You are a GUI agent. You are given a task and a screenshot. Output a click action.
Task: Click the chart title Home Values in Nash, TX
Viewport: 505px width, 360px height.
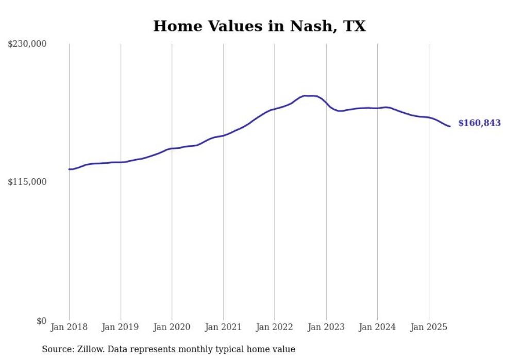[259, 26]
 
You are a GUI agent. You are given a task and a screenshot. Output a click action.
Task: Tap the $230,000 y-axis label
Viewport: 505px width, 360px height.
[27, 44]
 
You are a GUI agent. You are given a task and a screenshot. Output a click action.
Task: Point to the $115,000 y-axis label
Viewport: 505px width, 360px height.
[27, 182]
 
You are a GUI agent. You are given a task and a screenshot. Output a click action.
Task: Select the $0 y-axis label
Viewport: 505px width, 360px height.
[41, 321]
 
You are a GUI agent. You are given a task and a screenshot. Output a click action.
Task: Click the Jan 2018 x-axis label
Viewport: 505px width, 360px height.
[69, 327]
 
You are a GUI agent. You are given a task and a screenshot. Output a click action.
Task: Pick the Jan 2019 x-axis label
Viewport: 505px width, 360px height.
[121, 327]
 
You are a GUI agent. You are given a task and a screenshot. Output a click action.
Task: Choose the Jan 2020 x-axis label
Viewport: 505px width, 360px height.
[172, 327]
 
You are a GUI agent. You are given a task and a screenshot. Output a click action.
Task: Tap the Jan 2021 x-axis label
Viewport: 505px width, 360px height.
[223, 327]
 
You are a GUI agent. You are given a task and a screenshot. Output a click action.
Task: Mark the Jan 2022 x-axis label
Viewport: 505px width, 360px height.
[275, 327]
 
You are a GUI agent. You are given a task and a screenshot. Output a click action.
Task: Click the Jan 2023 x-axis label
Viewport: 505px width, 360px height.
[326, 327]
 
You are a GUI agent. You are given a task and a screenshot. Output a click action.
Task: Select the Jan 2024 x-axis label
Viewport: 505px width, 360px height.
[377, 327]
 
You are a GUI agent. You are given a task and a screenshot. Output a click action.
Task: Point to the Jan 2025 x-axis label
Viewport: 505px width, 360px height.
[428, 327]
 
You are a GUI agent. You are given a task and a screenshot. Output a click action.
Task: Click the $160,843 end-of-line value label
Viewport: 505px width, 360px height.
[479, 123]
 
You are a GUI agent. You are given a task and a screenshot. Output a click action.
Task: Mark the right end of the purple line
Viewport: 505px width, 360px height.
[450, 126]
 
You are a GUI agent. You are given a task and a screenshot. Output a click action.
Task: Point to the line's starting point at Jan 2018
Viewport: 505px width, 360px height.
[69, 169]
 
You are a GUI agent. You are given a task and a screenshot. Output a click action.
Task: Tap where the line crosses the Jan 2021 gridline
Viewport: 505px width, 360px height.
[223, 135]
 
